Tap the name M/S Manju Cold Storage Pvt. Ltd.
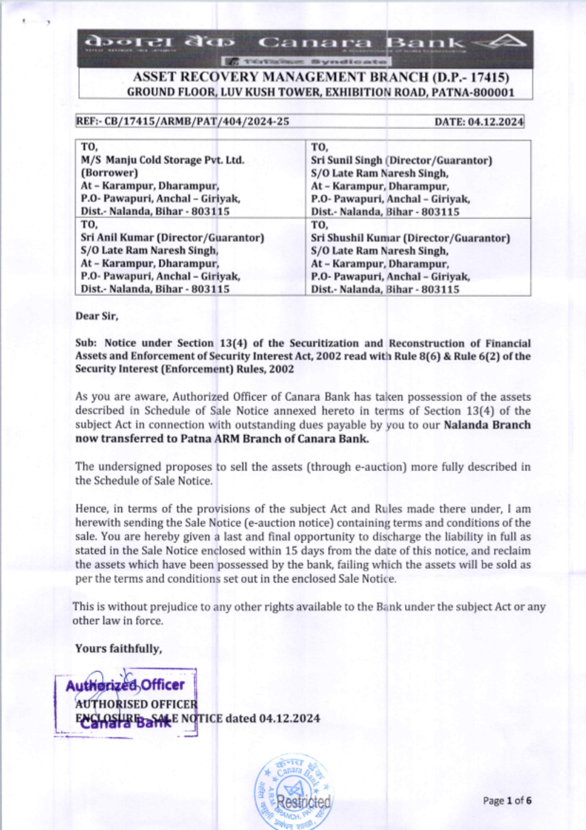pyautogui.click(x=162, y=160)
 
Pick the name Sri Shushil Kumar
pyautogui.click(x=352, y=238)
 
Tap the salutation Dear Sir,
pyautogui.click(x=97, y=316)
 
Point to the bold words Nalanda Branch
pyautogui.click(x=487, y=425)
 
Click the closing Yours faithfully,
pyautogui.click(x=118, y=649)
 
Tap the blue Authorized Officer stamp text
pyautogui.click(x=125, y=685)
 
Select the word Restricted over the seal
pyautogui.click(x=304, y=801)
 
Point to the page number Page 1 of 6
pyautogui.click(x=507, y=801)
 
